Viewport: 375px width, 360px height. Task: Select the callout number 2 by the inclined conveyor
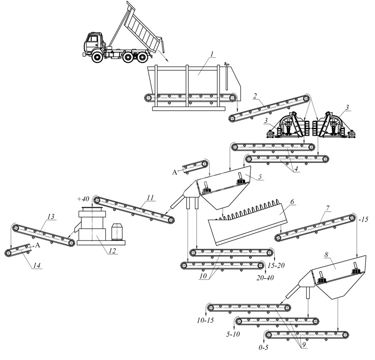coord(254,96)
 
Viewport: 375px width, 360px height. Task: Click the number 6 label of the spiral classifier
coord(292,202)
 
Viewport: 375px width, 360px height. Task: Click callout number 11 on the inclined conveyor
coord(149,197)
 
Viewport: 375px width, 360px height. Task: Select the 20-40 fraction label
coord(265,278)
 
